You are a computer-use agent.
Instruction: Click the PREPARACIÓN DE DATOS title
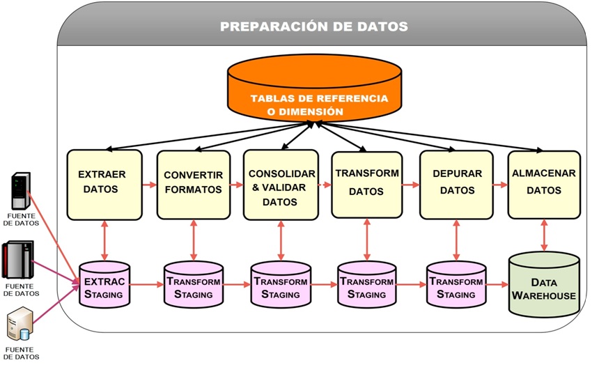click(x=313, y=26)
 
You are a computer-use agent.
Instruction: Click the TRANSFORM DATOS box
click(x=367, y=182)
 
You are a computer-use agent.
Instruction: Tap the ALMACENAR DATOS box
click(x=544, y=182)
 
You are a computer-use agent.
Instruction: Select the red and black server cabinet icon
click(x=19, y=259)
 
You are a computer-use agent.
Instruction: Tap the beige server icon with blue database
click(x=19, y=325)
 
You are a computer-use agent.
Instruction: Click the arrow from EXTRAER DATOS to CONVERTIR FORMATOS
click(x=148, y=186)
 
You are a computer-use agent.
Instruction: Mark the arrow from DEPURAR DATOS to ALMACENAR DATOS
click(x=499, y=185)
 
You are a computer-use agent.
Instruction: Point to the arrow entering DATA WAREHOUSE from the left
click(x=496, y=285)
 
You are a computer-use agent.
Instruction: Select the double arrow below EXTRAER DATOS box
click(x=104, y=240)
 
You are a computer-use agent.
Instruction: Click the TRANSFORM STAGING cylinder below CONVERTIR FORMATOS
click(x=193, y=286)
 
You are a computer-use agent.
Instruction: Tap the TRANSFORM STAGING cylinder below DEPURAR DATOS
click(x=456, y=286)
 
